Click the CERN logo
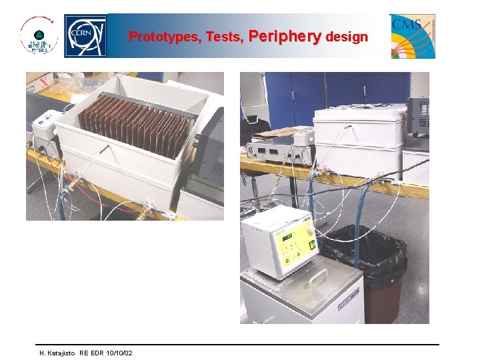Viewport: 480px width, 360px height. pos(85,36)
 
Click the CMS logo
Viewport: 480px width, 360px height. pos(412,36)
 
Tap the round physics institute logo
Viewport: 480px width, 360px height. pos(39,36)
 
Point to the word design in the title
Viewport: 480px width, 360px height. pos(347,37)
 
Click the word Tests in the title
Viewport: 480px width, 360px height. pos(225,37)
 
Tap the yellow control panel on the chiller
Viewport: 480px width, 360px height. pos(293,244)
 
